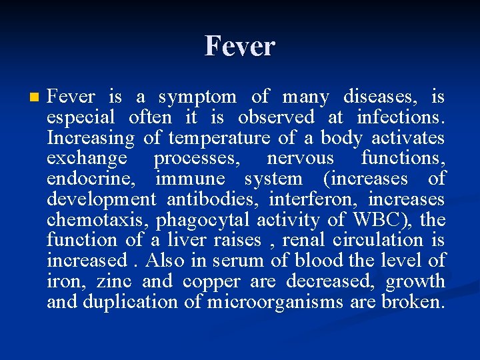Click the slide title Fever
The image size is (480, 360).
point(239,46)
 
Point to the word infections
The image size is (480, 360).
point(400,117)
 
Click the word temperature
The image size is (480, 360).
point(219,138)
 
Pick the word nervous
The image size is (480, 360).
point(300,158)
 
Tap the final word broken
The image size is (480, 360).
point(412,302)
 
